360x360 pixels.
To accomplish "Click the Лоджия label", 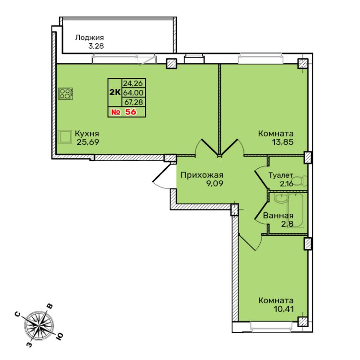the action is tap(90, 37).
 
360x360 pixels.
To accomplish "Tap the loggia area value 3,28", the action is tap(96, 46).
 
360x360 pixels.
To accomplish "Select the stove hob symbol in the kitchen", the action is tap(66, 94).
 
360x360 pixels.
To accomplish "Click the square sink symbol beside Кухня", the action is tap(64, 137).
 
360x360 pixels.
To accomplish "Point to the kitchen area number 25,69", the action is tap(88, 142).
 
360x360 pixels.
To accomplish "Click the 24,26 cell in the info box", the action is tap(133, 83).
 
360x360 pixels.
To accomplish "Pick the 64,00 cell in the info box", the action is tap(133, 92).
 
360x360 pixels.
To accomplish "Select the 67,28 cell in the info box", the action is tap(134, 102).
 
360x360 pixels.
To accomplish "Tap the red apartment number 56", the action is tap(130, 112).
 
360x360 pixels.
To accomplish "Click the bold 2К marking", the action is tap(115, 92).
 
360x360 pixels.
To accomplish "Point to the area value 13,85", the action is tap(283, 142).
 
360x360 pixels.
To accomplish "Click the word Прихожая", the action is tap(202, 175).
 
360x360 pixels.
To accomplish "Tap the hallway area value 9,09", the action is tap(215, 184).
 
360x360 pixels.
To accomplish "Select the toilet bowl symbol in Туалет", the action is tap(300, 181).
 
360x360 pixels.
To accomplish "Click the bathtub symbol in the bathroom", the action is tap(295, 210).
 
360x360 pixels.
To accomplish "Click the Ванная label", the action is tap(278, 216).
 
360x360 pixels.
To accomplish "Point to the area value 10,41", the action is tap(284, 309).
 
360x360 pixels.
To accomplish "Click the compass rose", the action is tap(39, 326).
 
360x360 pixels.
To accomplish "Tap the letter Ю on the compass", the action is tap(60, 337).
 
